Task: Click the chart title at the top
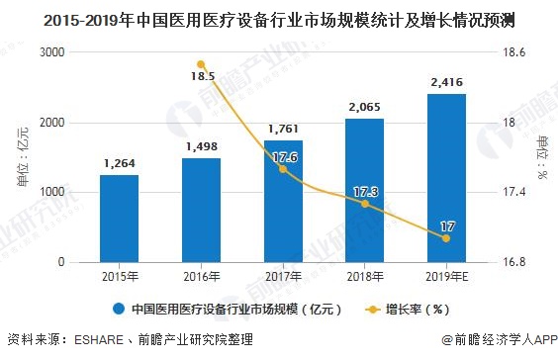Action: point(278,18)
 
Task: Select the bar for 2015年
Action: point(119,219)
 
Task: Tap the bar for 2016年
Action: point(201,210)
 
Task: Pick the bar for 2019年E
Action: point(446,178)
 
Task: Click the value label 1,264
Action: point(119,162)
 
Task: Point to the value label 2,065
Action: point(364,106)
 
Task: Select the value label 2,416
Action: point(446,81)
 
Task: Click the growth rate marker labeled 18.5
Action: point(201,63)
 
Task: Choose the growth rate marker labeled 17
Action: point(446,238)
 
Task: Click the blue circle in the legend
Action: point(119,308)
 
